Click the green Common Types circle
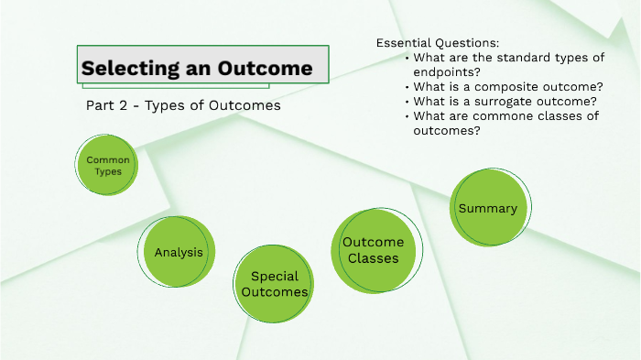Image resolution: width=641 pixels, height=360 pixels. pos(107,166)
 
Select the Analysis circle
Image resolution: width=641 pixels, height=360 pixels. pos(179,253)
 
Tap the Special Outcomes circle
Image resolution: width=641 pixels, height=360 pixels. pos(274,284)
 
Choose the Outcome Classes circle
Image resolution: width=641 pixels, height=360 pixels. pos(373,250)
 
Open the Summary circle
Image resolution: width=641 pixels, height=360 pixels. pos(489,208)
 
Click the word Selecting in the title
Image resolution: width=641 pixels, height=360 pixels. pos(125,69)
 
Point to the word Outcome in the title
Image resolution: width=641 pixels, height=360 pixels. pos(266,69)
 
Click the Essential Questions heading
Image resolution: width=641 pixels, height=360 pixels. pos(438,43)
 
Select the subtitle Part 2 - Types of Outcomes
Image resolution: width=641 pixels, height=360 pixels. pos(182,106)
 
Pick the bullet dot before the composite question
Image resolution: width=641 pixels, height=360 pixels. pos(406,87)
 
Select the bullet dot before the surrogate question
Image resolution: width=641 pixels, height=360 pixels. pos(406,102)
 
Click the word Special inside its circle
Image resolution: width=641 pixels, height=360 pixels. pos(275,276)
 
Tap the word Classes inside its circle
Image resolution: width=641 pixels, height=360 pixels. pos(373,258)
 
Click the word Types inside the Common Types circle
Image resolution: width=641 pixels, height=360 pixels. pos(108,172)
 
